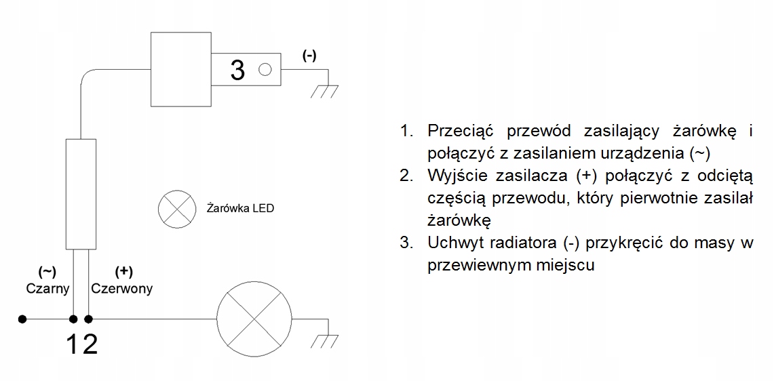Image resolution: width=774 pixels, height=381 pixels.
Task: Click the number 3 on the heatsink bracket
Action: [x=237, y=70]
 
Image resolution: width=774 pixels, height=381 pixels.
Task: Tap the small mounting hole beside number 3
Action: [x=265, y=68]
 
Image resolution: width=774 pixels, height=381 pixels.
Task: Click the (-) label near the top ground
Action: [x=309, y=56]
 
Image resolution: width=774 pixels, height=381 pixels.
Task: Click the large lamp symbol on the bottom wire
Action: [x=254, y=318]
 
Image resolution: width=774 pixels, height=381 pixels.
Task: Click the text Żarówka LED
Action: [x=239, y=209]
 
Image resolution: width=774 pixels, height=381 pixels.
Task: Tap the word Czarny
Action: [x=47, y=288]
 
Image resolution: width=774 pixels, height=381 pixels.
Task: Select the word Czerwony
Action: [x=122, y=288]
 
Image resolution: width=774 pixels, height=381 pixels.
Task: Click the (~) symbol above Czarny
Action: [x=47, y=272]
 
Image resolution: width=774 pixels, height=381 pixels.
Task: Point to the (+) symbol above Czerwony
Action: [x=123, y=272]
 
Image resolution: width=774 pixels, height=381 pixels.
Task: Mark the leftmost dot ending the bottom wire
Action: [x=22, y=318]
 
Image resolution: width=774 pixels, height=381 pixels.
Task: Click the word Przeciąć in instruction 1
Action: [x=461, y=130]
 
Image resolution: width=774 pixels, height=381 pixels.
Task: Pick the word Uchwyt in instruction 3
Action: [x=453, y=242]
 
